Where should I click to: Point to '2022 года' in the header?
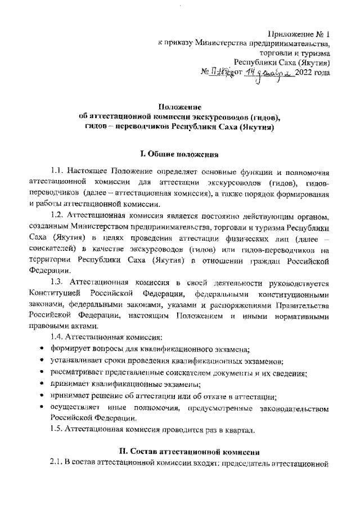click(x=312, y=72)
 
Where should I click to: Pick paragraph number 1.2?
click(x=58, y=216)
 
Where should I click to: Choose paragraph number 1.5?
click(x=57, y=430)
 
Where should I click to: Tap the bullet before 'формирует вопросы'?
click(x=42, y=349)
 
